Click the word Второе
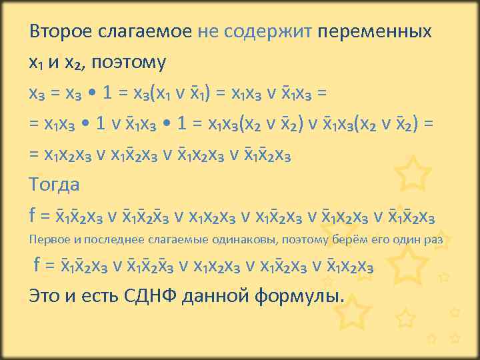[59, 32]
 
